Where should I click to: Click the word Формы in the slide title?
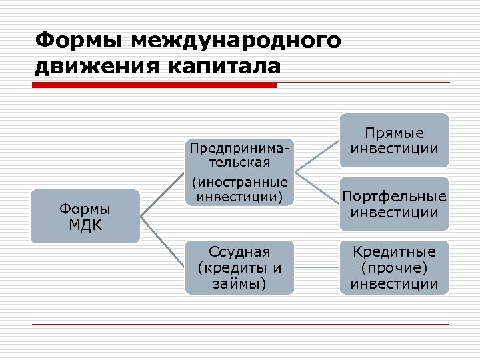point(79,40)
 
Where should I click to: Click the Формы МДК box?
point(85,216)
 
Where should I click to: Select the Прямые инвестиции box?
point(395,141)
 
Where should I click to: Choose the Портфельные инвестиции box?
point(395,205)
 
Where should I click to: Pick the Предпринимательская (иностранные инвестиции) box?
point(239,172)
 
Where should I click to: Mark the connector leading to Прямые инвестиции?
point(317,157)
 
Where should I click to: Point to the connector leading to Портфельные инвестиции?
point(317,188)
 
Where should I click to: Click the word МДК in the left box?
point(85,224)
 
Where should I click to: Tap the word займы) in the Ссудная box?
point(239,284)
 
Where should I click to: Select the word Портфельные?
point(395,197)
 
